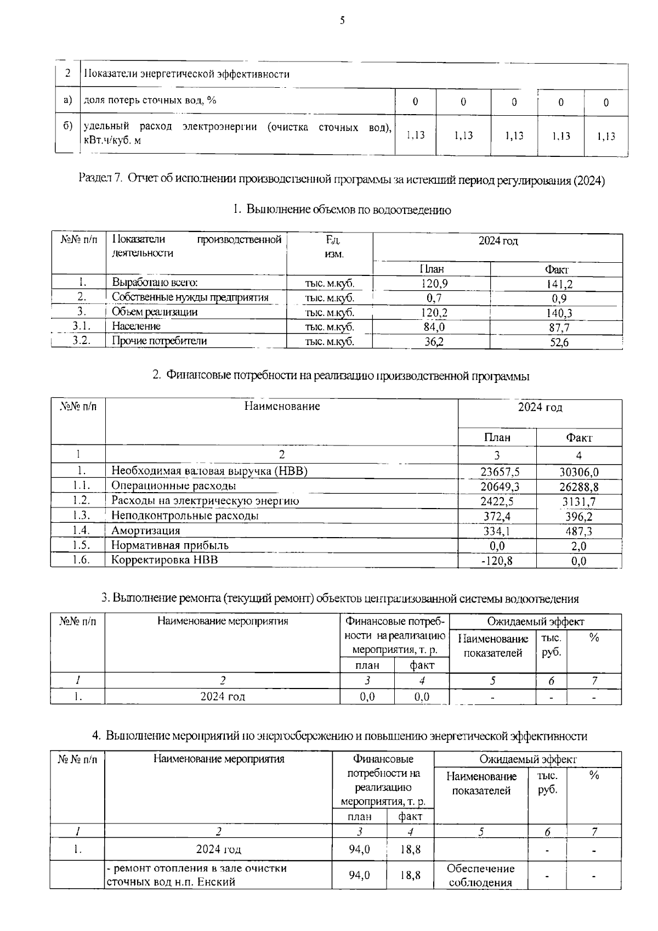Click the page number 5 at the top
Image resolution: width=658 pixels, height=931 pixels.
pos(342,21)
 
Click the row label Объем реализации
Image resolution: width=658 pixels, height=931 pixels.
pos(155,312)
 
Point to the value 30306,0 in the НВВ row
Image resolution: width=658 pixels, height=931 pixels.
pos(579,472)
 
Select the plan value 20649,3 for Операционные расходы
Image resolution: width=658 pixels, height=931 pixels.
pos(500,487)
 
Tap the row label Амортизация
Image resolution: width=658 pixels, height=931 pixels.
pos(146,531)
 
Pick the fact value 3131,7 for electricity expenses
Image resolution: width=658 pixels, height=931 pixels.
pos(579,501)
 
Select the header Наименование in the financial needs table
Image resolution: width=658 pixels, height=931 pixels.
pos(282,407)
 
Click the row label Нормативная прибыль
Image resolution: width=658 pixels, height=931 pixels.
pos(170,545)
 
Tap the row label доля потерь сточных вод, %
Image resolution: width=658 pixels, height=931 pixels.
pos(150,100)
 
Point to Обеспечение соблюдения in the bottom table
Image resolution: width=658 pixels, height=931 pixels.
pos(480,876)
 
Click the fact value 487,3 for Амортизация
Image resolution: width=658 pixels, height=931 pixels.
pos(579,531)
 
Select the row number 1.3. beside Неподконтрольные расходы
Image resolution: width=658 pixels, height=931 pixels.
pos(81,516)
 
